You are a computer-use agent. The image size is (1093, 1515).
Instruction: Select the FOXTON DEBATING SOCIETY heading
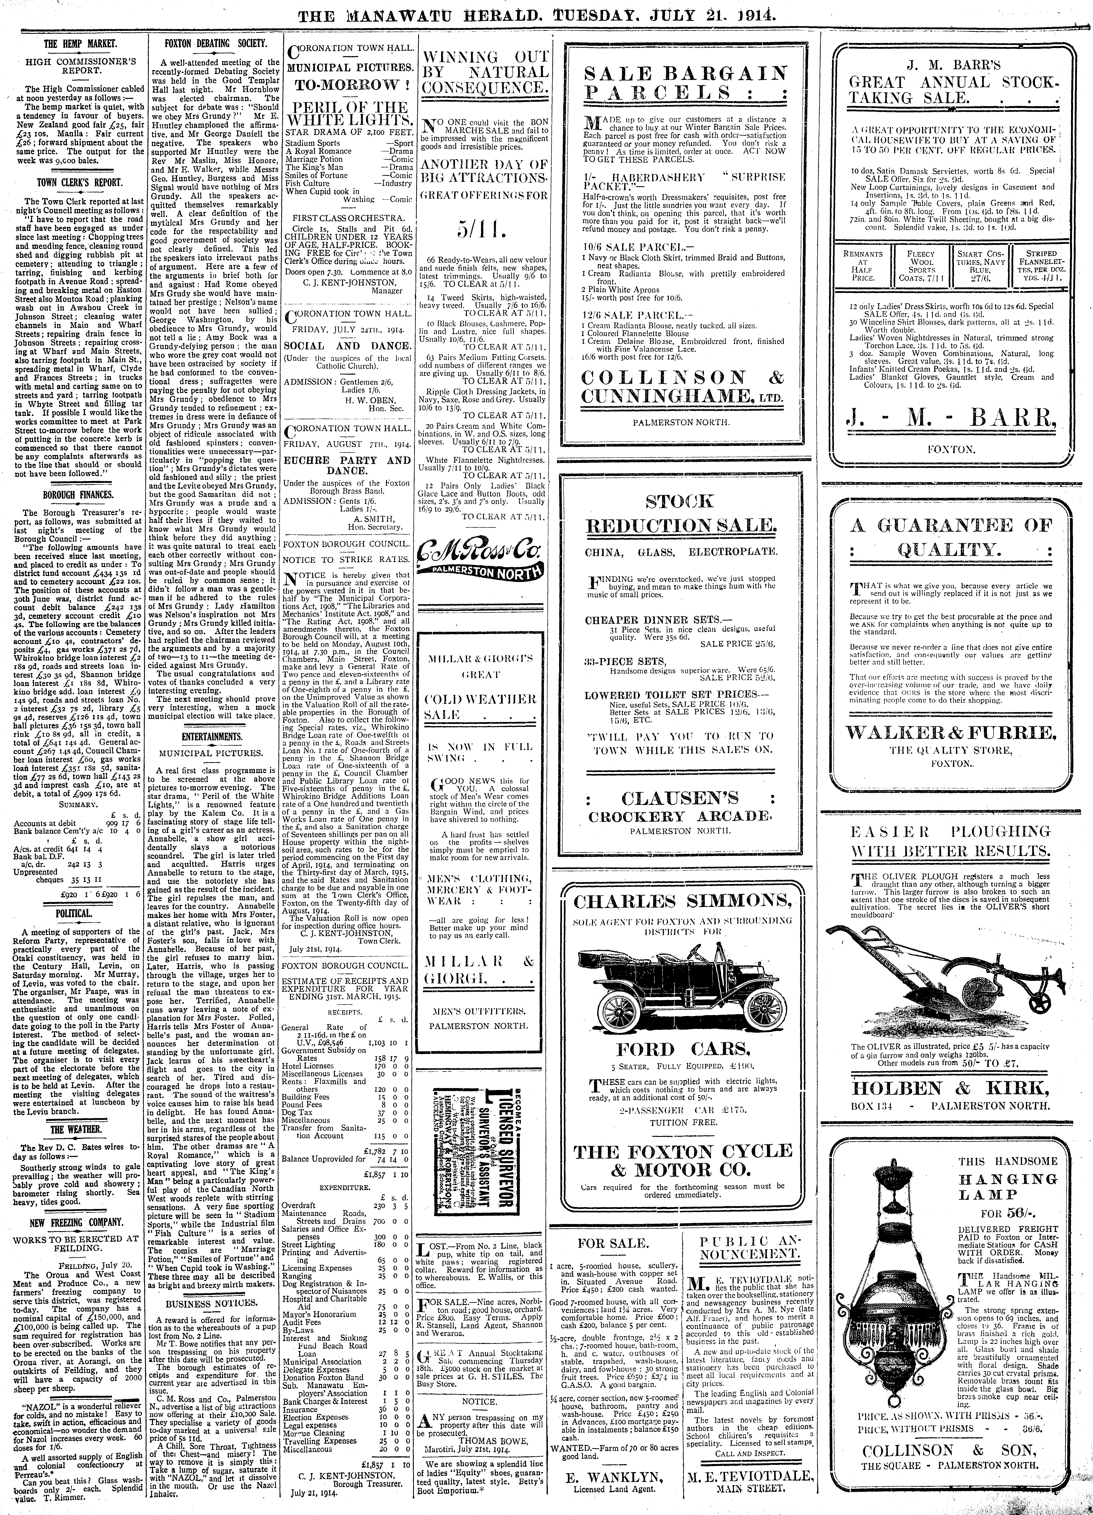tap(216, 44)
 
